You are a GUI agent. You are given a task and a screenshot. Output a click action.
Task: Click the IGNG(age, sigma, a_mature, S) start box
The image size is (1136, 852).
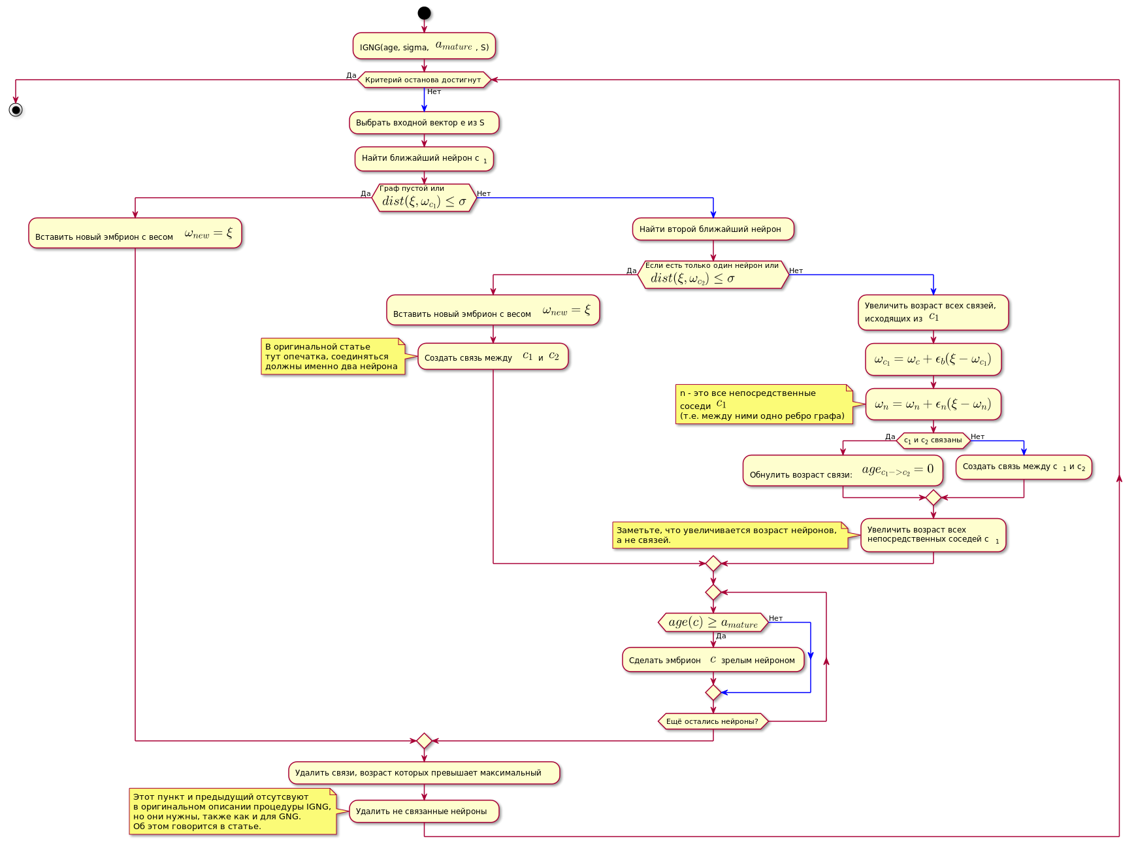click(x=424, y=46)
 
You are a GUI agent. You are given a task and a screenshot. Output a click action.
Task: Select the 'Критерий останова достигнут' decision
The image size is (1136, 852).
click(x=424, y=80)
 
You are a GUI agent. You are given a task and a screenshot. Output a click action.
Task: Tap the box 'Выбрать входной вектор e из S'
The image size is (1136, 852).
click(x=424, y=123)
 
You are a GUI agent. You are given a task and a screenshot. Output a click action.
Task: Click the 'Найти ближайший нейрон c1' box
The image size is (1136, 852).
click(x=424, y=159)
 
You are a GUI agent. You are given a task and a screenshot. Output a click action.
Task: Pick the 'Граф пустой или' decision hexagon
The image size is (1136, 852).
click(x=424, y=197)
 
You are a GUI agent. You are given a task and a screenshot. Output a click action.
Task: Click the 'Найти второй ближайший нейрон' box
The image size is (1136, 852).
click(x=713, y=229)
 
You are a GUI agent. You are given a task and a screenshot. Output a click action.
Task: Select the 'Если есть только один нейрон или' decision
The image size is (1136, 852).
click(x=713, y=274)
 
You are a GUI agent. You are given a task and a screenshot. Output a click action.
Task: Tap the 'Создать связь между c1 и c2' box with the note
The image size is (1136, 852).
click(x=493, y=357)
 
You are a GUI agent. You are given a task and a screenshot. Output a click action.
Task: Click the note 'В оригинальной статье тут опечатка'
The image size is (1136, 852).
click(x=333, y=357)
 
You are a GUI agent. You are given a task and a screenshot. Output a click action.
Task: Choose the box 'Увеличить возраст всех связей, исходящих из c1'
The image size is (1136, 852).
click(x=933, y=312)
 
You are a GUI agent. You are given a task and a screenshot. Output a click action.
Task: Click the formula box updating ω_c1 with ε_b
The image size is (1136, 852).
click(x=933, y=359)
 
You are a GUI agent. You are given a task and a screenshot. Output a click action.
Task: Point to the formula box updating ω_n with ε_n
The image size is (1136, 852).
click(x=933, y=404)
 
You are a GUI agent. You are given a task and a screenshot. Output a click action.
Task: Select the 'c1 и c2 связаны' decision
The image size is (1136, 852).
click(x=933, y=440)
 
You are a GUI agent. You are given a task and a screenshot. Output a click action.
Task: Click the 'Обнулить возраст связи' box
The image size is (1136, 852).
click(x=843, y=470)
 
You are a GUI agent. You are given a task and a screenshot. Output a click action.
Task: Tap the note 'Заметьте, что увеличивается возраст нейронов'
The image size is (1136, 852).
click(x=730, y=535)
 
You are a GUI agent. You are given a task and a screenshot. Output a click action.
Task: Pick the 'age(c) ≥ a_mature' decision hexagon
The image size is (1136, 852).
click(x=713, y=623)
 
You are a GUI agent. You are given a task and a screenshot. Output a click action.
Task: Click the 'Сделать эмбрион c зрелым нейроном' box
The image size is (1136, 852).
click(x=713, y=660)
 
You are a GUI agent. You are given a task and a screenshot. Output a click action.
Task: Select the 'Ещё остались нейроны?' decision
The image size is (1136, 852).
click(x=713, y=721)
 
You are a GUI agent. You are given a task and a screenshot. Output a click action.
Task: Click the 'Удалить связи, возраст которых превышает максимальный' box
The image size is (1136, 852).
click(x=424, y=773)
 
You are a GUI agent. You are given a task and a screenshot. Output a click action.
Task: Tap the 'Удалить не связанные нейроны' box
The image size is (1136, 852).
click(x=424, y=811)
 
